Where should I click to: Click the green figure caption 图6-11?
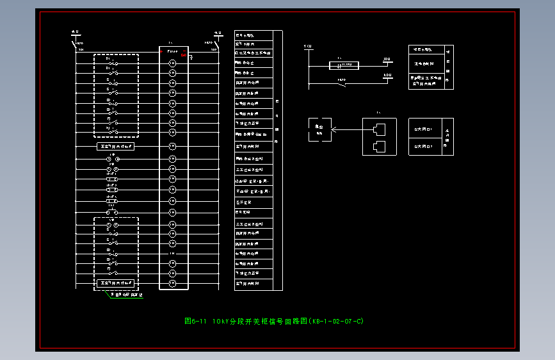point(193,321)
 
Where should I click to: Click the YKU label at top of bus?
point(307,47)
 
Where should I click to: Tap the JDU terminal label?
point(387,60)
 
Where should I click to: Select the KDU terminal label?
point(387,76)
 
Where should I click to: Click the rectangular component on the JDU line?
point(344,65)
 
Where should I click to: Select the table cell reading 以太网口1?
point(424,129)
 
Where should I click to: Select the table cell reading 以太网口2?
point(424,146)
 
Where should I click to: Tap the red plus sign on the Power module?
point(161,51)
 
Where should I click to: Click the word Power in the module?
point(173,51)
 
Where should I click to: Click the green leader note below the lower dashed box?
point(128,295)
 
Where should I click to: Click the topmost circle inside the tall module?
point(172,63)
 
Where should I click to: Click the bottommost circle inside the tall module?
point(172,283)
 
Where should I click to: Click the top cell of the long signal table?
point(253,35)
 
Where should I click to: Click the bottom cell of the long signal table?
point(253,283)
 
